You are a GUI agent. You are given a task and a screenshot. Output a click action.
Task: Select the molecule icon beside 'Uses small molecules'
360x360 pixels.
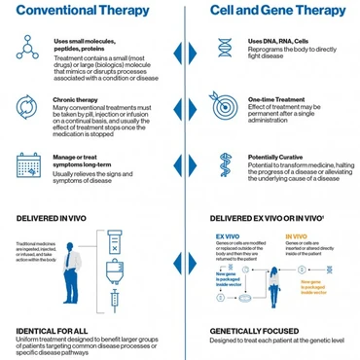(x=26, y=50)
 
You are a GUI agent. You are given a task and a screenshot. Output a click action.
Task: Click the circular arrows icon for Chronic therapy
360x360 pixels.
(x=26, y=106)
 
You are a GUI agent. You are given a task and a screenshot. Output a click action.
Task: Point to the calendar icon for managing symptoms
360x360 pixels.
(x=26, y=164)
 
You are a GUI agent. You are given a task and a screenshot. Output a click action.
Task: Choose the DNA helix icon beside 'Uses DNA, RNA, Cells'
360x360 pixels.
(x=225, y=48)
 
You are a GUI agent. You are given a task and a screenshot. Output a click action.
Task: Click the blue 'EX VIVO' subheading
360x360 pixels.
(x=227, y=235)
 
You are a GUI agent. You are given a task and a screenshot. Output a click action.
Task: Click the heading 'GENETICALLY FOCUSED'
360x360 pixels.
(x=256, y=331)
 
